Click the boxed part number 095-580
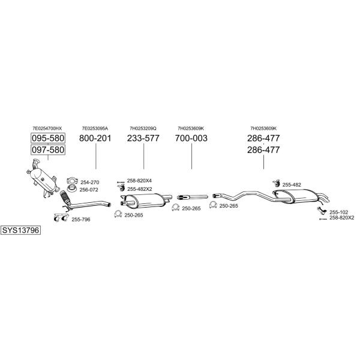[x=48, y=138]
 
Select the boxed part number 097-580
[x=48, y=149]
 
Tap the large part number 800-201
[x=95, y=138]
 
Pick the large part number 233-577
[x=143, y=138]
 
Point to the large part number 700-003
[x=191, y=138]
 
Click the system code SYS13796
[x=20, y=230]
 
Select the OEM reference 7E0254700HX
[x=47, y=128]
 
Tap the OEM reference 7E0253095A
[x=95, y=128]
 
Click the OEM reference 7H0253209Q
[x=143, y=128]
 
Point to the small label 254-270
[x=90, y=182]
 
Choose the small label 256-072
[x=89, y=190]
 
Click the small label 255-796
[x=81, y=220]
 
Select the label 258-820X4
[x=139, y=181]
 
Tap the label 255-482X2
[x=140, y=189]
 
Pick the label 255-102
[x=338, y=212]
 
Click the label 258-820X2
[x=341, y=218]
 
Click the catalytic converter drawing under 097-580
[x=43, y=179]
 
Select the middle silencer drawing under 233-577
[x=146, y=200]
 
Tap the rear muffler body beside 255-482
[x=301, y=197]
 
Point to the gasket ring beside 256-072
[x=72, y=189]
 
